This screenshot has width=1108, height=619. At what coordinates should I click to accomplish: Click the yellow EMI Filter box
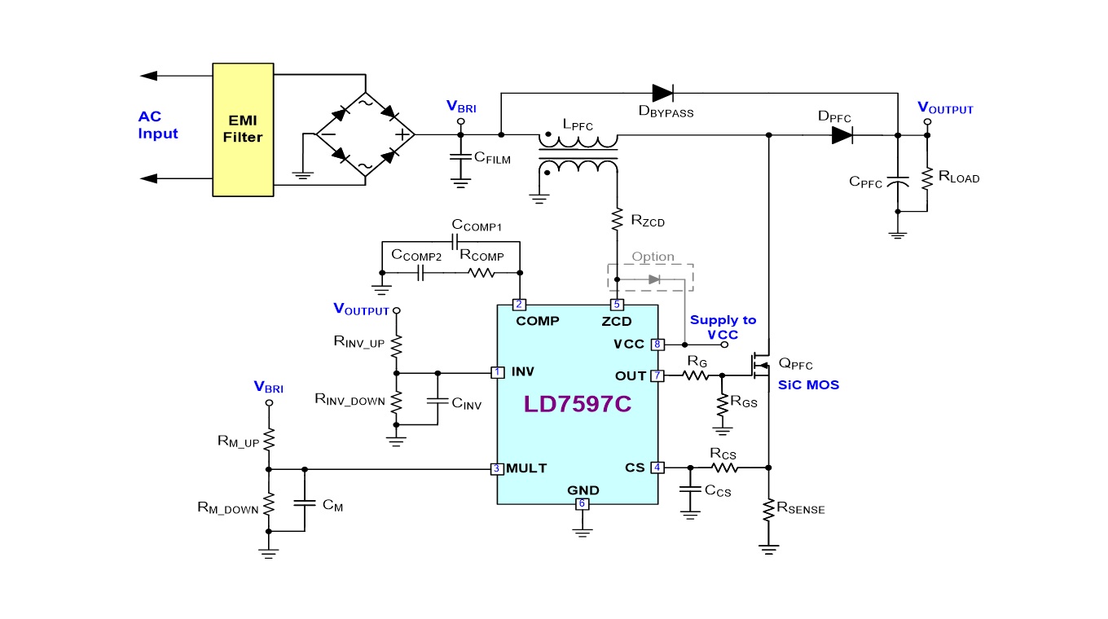(x=243, y=130)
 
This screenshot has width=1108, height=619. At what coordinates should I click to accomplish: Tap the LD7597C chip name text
(x=577, y=404)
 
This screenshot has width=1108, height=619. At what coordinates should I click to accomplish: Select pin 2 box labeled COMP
(x=519, y=305)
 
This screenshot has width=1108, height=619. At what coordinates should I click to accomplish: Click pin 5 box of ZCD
(x=617, y=305)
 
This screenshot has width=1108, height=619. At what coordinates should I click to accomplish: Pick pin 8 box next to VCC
(x=657, y=345)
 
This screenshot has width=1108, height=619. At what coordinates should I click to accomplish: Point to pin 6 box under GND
(x=582, y=503)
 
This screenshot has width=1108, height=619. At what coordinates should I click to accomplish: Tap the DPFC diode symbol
(x=842, y=136)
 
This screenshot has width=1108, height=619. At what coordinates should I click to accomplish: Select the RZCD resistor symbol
(x=617, y=218)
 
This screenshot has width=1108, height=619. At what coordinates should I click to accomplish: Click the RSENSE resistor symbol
(x=768, y=510)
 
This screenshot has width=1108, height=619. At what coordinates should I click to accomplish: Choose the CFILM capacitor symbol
(x=460, y=156)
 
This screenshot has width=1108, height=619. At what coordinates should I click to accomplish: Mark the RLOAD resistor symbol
(x=926, y=178)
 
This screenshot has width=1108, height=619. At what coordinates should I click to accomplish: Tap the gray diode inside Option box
(x=653, y=279)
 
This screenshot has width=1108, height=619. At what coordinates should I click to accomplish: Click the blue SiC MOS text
(x=808, y=384)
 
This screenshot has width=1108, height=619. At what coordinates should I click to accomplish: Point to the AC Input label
(x=158, y=125)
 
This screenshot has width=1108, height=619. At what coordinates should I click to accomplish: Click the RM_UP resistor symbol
(x=269, y=440)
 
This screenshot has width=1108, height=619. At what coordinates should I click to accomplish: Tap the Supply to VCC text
(x=723, y=327)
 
